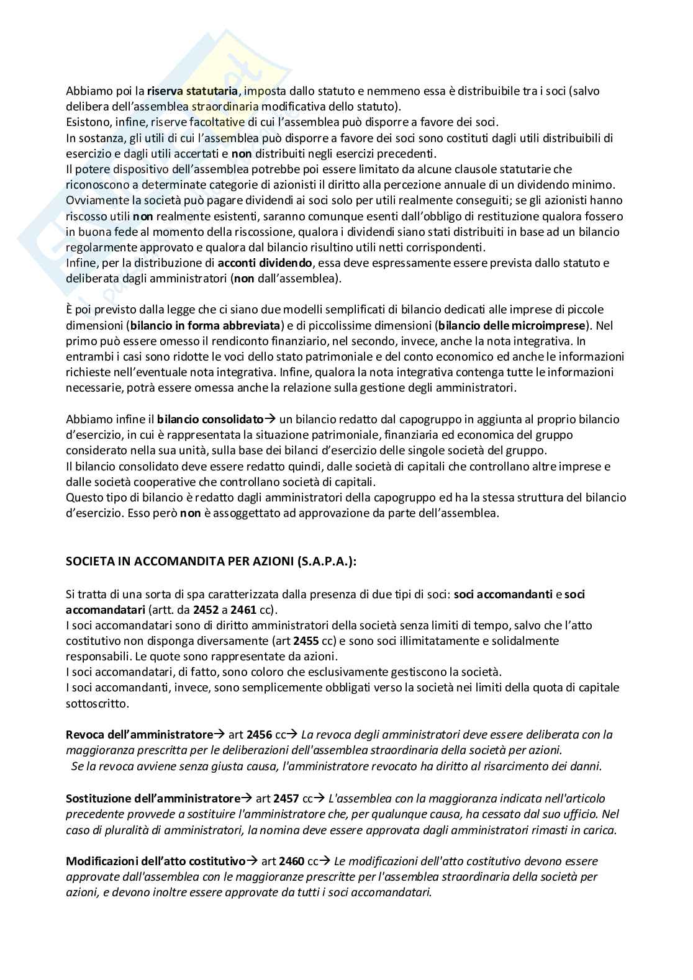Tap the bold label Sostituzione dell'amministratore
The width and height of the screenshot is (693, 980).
(x=153, y=798)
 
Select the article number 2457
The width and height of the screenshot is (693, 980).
(x=286, y=798)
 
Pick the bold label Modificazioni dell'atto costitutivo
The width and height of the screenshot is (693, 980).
(x=156, y=861)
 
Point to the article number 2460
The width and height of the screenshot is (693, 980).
(x=292, y=861)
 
